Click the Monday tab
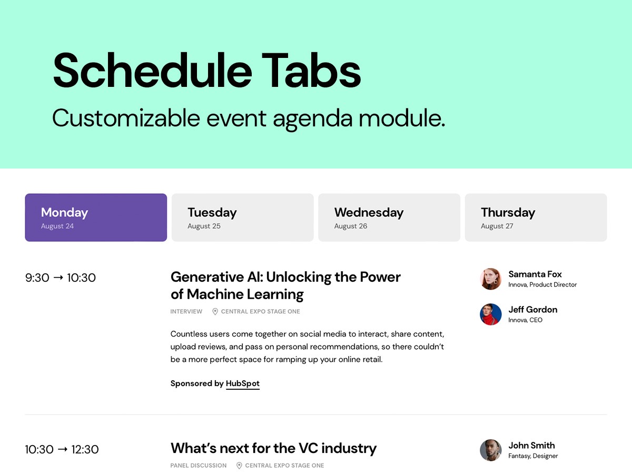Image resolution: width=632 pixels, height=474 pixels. (96, 218)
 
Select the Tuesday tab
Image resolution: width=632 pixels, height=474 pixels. (242, 218)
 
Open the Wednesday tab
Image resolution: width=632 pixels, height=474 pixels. (389, 218)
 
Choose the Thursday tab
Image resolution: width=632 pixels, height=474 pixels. (536, 218)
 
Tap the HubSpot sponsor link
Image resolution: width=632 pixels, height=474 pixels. (243, 383)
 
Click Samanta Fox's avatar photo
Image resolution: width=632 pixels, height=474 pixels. (491, 279)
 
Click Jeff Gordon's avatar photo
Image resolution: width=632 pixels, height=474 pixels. (491, 314)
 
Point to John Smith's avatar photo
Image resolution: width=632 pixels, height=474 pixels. (491, 450)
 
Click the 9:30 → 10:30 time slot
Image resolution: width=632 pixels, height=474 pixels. (61, 278)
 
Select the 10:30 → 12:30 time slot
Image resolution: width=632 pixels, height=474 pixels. (62, 449)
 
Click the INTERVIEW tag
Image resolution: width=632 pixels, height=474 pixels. (186, 311)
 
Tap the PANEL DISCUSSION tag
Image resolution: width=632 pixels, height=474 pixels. (199, 466)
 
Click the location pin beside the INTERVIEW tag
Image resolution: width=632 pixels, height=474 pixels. (215, 311)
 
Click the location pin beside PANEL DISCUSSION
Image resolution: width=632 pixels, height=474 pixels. (239, 466)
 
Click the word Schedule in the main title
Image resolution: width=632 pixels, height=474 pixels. (153, 70)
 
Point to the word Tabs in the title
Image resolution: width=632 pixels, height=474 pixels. (311, 70)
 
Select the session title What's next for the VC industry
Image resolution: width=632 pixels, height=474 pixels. (273, 448)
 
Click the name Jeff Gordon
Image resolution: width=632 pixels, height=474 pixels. (533, 309)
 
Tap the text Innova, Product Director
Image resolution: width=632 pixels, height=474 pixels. (542, 284)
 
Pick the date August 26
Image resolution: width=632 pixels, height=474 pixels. (351, 226)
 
